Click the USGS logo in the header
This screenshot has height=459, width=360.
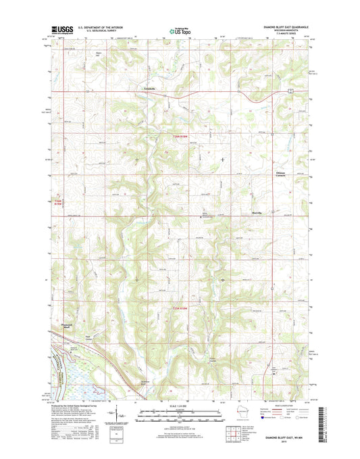point(61,29)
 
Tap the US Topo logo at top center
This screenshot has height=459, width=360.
point(179,29)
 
